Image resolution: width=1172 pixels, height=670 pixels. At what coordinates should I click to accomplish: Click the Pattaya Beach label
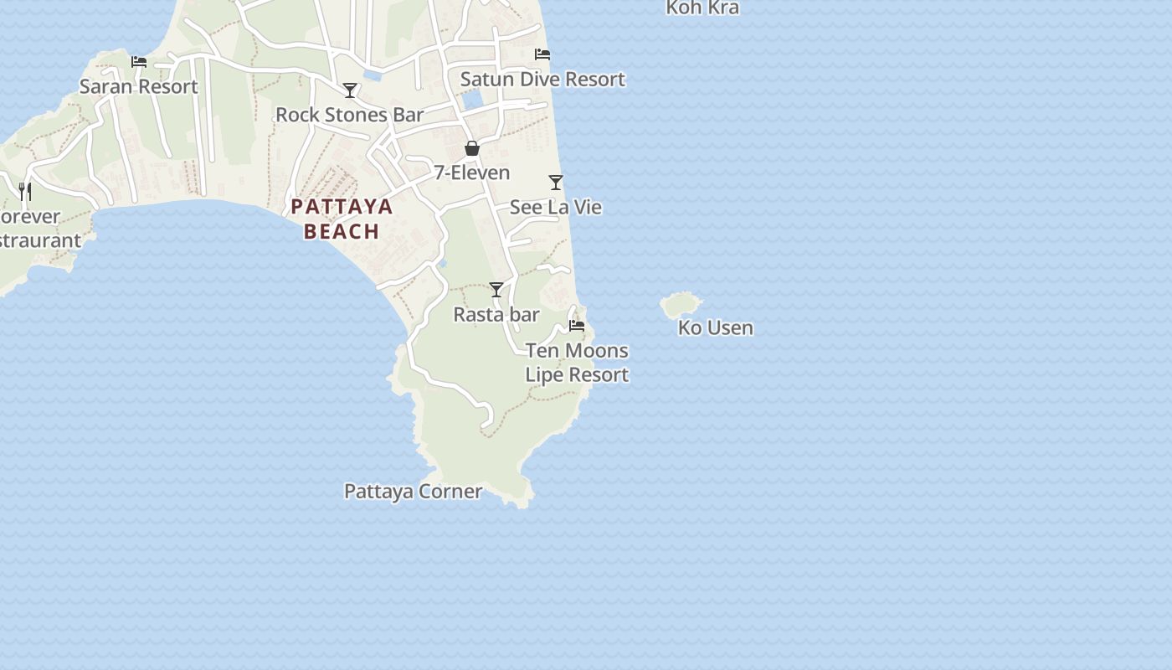click(342, 219)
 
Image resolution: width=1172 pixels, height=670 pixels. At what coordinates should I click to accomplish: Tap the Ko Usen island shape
click(681, 304)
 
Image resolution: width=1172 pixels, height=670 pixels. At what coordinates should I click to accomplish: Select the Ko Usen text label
click(715, 327)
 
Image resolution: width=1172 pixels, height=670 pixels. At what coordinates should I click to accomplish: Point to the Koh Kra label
click(702, 8)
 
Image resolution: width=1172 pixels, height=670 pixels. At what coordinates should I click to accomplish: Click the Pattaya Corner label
click(413, 492)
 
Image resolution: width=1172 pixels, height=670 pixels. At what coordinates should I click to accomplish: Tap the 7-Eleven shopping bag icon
click(472, 148)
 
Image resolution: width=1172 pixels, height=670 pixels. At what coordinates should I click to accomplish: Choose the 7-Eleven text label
click(471, 173)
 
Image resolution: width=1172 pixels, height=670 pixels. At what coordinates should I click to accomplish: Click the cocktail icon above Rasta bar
click(496, 290)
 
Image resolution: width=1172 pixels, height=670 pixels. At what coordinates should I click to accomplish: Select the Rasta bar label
click(496, 314)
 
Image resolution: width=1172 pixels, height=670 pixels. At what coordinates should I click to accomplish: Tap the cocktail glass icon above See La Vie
click(556, 183)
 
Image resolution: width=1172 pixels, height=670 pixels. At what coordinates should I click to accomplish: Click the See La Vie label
click(556, 207)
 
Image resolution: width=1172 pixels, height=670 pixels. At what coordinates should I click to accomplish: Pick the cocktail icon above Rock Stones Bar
click(350, 90)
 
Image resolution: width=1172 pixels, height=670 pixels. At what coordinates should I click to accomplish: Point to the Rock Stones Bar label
click(350, 115)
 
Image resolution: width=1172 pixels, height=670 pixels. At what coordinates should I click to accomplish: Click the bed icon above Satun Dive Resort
click(542, 54)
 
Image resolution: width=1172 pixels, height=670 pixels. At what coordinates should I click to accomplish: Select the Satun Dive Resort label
click(542, 79)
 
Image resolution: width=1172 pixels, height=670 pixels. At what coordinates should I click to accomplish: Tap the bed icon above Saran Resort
click(139, 62)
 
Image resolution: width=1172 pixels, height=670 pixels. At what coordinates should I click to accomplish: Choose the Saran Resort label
click(139, 86)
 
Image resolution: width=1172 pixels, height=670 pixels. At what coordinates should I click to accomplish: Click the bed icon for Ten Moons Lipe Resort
click(577, 326)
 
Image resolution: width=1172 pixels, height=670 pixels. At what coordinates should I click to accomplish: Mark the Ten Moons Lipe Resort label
click(577, 362)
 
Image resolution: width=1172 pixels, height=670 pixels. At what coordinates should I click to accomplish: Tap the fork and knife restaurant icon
click(25, 192)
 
